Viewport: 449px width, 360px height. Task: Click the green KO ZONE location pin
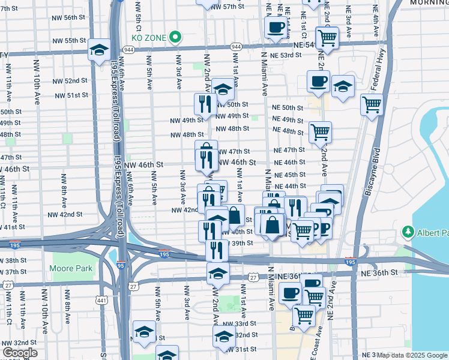click(x=175, y=37)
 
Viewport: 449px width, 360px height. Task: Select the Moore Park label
click(x=71, y=268)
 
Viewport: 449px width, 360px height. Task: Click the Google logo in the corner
click(x=20, y=353)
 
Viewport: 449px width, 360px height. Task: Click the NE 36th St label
click(x=380, y=272)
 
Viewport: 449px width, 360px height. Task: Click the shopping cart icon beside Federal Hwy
click(x=372, y=105)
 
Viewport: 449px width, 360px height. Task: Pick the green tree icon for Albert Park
click(x=409, y=232)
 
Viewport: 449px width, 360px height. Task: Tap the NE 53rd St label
click(x=286, y=55)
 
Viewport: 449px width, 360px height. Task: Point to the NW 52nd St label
click(x=70, y=80)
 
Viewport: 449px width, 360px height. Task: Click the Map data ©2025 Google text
click(x=412, y=355)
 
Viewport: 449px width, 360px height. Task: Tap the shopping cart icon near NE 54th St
click(x=327, y=37)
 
